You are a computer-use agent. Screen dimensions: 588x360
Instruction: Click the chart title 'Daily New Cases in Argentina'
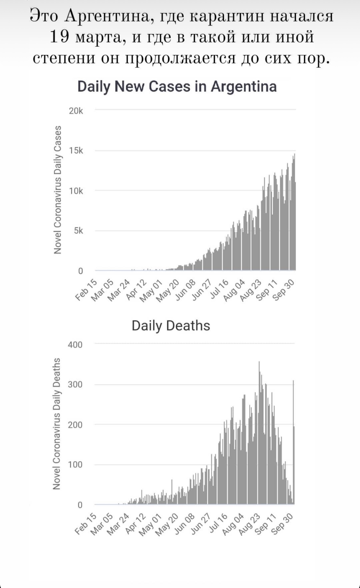pyautogui.click(x=177, y=87)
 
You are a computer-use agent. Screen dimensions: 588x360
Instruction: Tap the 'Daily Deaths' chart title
pyautogui.click(x=171, y=325)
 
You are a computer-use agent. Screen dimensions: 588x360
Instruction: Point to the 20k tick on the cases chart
pyautogui.click(x=76, y=111)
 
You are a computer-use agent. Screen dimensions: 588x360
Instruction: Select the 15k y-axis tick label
pyautogui.click(x=76, y=151)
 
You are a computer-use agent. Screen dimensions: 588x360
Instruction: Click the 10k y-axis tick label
pyautogui.click(x=76, y=191)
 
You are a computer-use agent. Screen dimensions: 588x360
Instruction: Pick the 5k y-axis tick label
pyautogui.click(x=78, y=231)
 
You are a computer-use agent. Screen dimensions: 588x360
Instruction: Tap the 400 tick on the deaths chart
pyautogui.click(x=75, y=345)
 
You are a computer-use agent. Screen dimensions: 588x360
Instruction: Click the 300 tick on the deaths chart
pyautogui.click(x=75, y=385)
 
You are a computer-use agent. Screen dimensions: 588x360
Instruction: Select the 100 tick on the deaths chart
pyautogui.click(x=75, y=465)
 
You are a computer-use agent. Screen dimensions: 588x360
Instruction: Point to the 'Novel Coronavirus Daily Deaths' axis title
pyautogui.click(x=57, y=424)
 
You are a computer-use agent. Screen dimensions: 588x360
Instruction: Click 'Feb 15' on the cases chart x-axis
pyautogui.click(x=86, y=290)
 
